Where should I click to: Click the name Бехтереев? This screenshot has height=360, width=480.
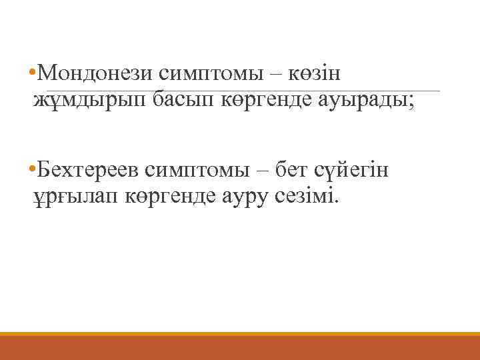pos(91,169)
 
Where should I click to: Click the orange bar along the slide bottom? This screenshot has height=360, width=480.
pos(240,347)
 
